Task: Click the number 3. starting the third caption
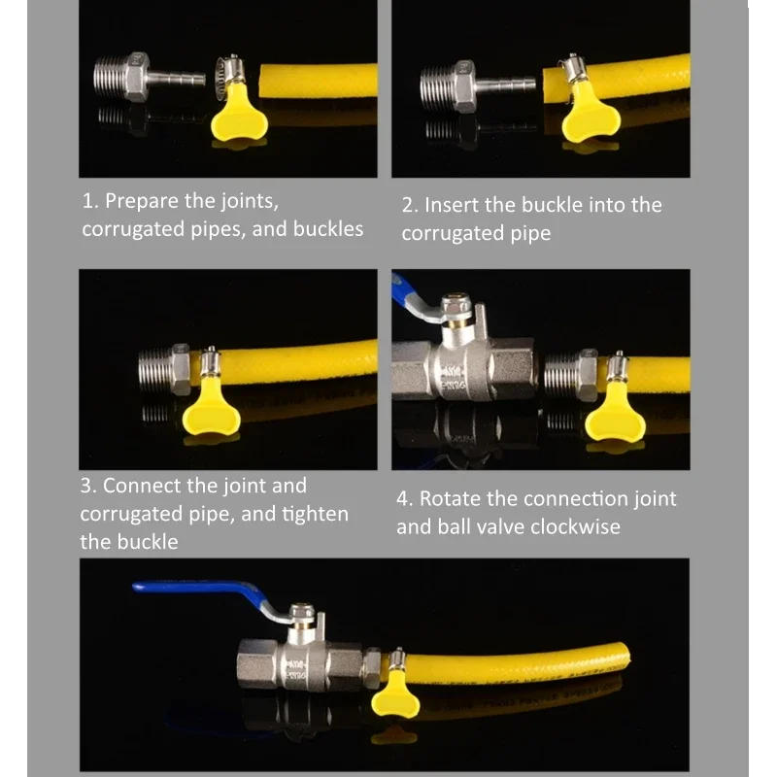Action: point(88,486)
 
